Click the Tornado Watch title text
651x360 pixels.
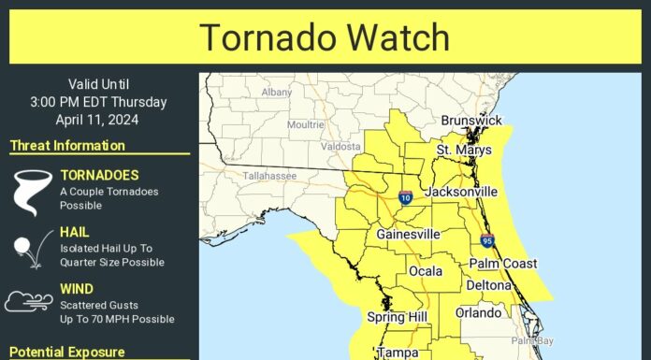325,37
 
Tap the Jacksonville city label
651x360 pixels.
461,192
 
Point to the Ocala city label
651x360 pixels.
426,272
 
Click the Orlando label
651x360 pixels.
478,312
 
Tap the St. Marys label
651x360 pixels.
463,150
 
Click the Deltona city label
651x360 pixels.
489,285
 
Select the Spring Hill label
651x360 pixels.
398,317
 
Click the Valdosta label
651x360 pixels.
340,146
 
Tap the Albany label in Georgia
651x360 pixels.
278,92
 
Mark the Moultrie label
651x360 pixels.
306,123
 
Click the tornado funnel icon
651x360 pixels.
30,191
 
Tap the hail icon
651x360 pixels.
27,248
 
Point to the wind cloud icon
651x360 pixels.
28,302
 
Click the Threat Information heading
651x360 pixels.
67,146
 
